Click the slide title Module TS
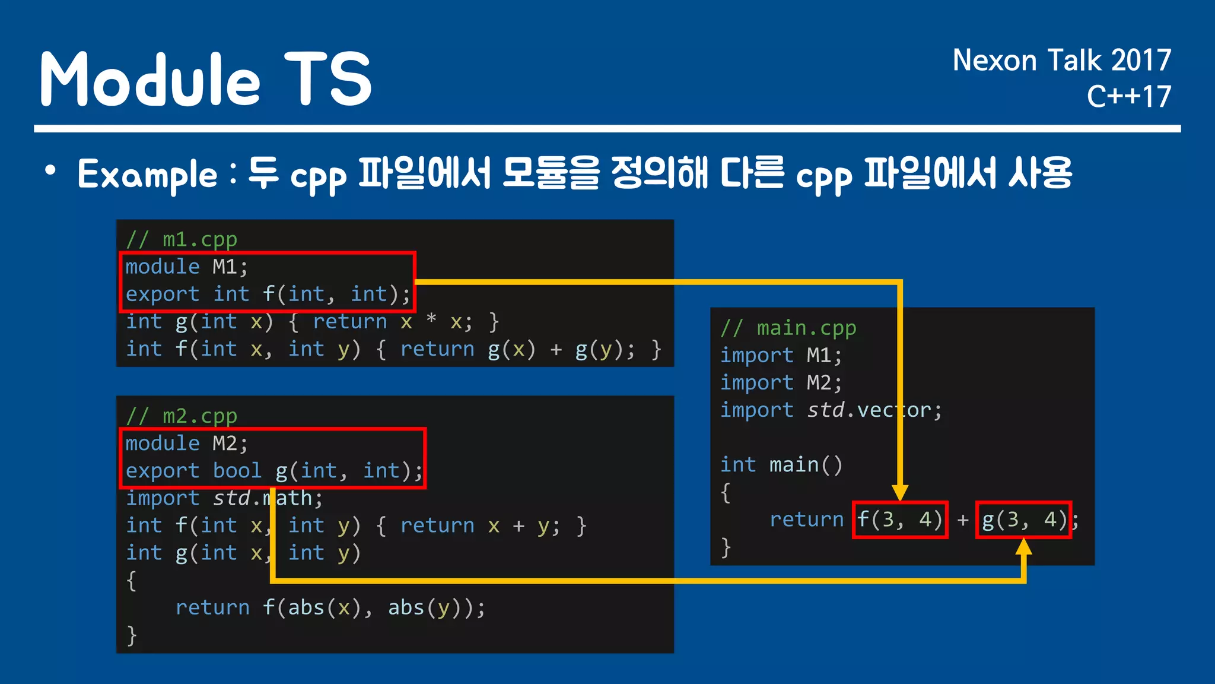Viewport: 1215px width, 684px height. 205,79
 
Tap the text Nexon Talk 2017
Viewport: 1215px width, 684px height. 1061,61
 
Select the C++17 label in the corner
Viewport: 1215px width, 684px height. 1128,97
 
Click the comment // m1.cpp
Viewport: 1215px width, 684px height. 182,239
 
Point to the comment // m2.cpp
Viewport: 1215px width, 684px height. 182,416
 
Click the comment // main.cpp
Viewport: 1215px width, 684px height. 788,328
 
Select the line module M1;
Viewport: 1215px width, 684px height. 186,267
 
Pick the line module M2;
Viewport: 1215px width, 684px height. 186,443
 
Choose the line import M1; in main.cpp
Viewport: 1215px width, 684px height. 781,355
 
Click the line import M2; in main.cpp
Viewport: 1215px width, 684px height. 781,382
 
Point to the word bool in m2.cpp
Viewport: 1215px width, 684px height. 237,470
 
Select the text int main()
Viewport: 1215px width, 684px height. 781,464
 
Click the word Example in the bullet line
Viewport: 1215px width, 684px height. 148,175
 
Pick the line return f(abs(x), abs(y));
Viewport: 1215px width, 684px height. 330,607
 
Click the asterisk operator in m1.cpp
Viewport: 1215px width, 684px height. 431,320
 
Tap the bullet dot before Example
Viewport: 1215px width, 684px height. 50,171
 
